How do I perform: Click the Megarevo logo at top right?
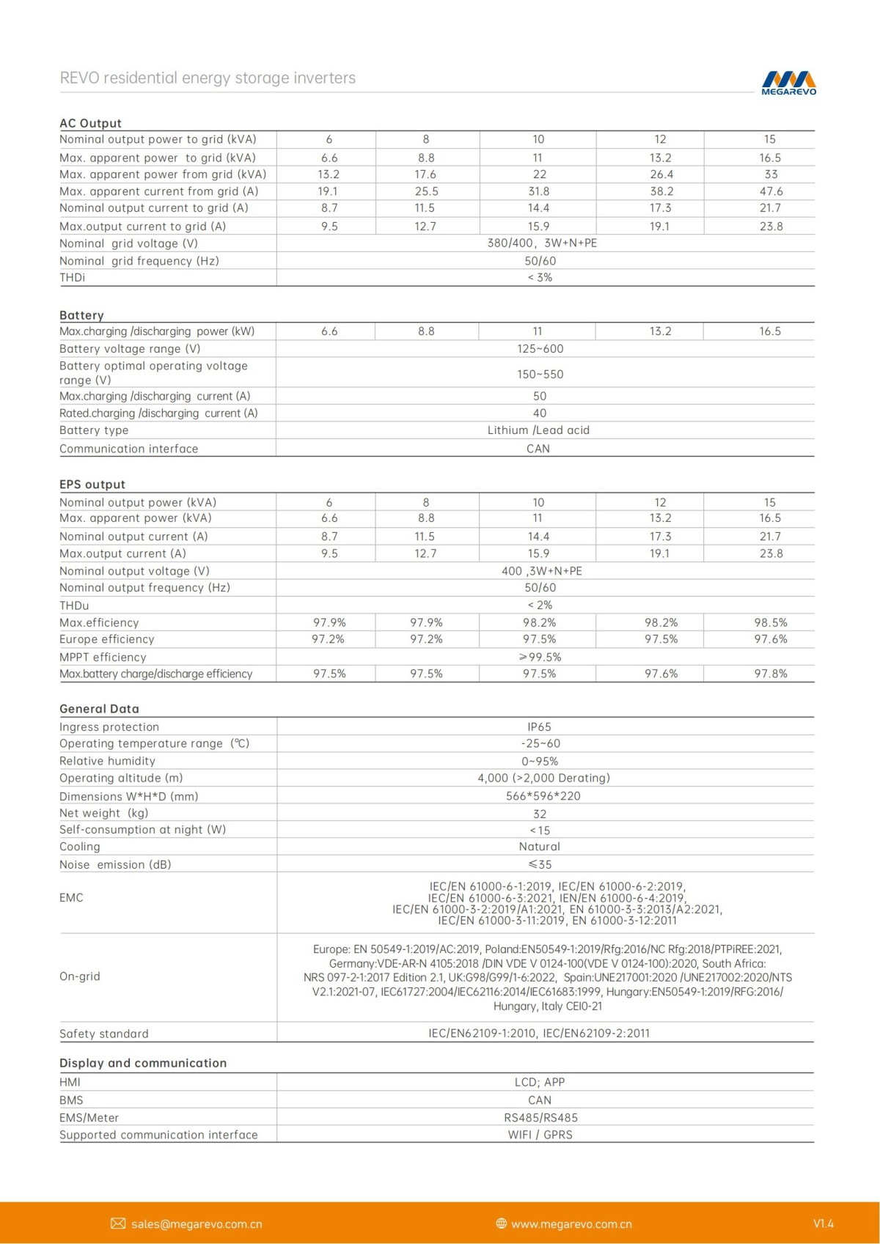coord(788,82)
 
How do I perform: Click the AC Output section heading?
coord(90,123)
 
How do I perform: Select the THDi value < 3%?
coord(540,278)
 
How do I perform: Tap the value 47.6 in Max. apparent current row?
coord(771,191)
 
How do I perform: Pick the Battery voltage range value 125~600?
coord(540,349)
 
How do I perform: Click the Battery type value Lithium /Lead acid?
coord(538,430)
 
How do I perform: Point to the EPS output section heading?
coord(92,485)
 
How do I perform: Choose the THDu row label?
coord(74,606)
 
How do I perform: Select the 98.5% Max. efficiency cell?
coord(770,622)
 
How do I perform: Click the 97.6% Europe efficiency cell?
coord(770,639)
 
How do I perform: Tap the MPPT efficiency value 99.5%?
coord(540,658)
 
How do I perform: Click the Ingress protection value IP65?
coord(539,726)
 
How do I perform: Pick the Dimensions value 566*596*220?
coord(543,796)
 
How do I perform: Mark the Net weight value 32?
coord(540,814)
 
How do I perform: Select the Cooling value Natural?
coord(539,847)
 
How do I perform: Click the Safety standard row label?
coord(104,1034)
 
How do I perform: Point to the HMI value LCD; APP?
coord(539,1082)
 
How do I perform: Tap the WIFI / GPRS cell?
coord(540,1135)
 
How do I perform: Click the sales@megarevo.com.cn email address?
coord(197,1224)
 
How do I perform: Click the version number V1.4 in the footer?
coord(823,1223)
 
